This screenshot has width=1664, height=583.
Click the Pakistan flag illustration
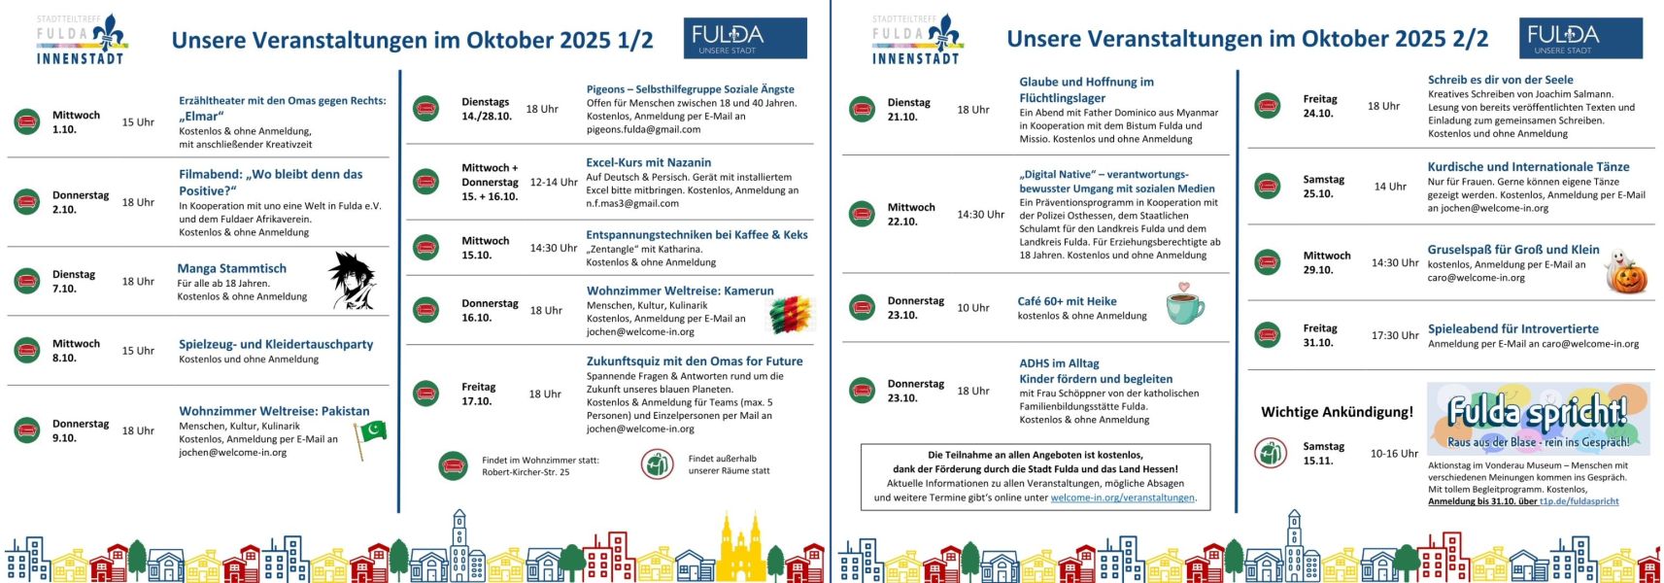pyautogui.click(x=370, y=436)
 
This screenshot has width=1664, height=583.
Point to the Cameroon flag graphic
pyautogui.click(x=790, y=315)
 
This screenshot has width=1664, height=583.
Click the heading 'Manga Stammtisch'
pyautogui.click(x=232, y=268)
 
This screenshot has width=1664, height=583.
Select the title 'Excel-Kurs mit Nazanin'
pyautogui.click(x=648, y=162)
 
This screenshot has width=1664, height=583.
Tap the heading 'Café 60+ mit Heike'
pyautogui.click(x=1067, y=301)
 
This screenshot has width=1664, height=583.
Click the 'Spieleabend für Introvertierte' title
pyautogui.click(x=1512, y=328)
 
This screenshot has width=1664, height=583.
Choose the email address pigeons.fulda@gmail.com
pyautogui.click(x=643, y=129)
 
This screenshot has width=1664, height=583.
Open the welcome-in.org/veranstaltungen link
pyautogui.click(x=1122, y=497)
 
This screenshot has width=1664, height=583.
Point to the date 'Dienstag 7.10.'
pyautogui.click(x=74, y=281)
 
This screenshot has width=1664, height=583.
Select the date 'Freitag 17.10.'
pyautogui.click(x=478, y=394)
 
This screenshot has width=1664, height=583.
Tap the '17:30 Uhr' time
pyautogui.click(x=1394, y=335)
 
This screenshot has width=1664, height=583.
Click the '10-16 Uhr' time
pyautogui.click(x=1393, y=453)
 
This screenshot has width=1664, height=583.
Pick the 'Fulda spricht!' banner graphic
pyautogui.click(x=1537, y=418)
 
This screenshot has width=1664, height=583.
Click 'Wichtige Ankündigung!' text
pyautogui.click(x=1337, y=412)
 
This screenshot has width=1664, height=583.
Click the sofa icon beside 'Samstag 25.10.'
pyautogui.click(x=1267, y=186)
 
